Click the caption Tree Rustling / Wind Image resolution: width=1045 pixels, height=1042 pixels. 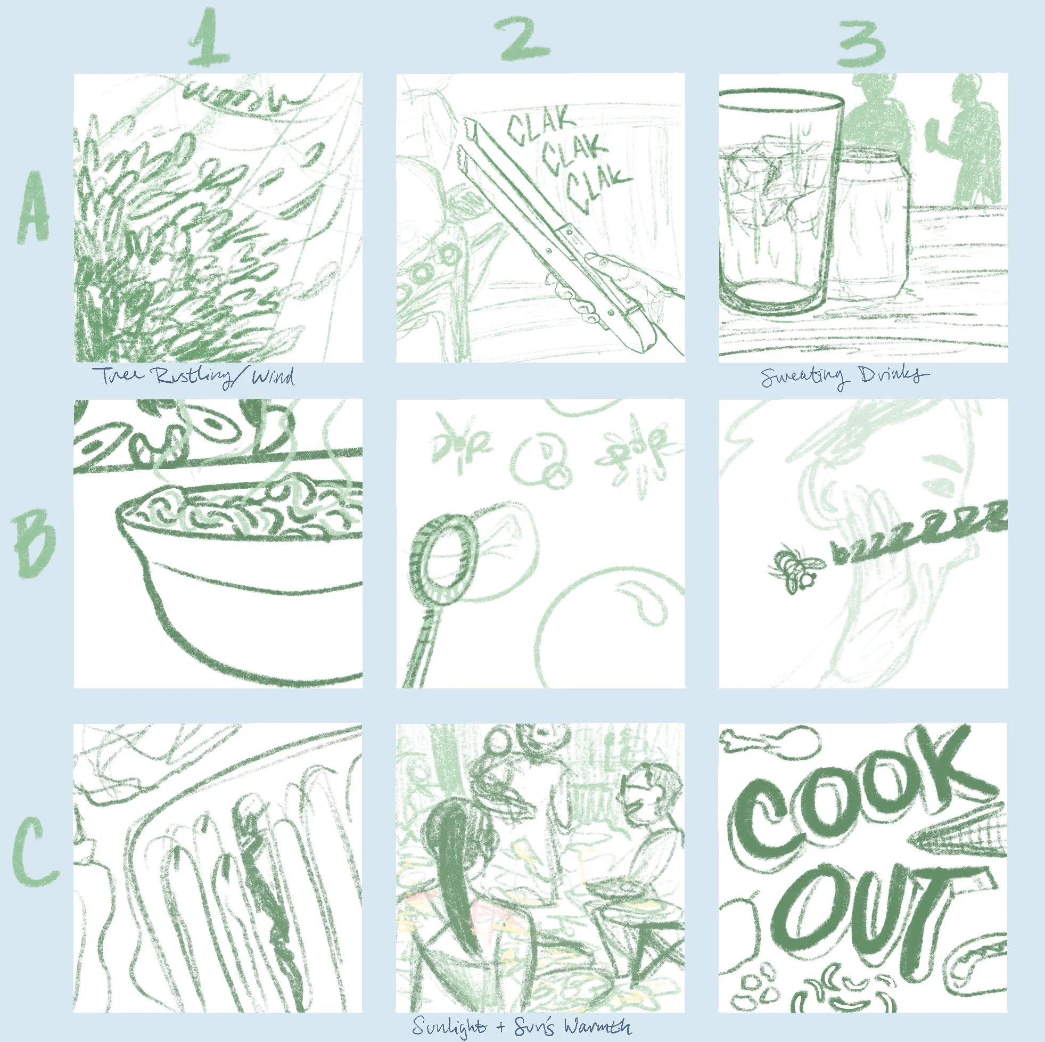click(x=193, y=376)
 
